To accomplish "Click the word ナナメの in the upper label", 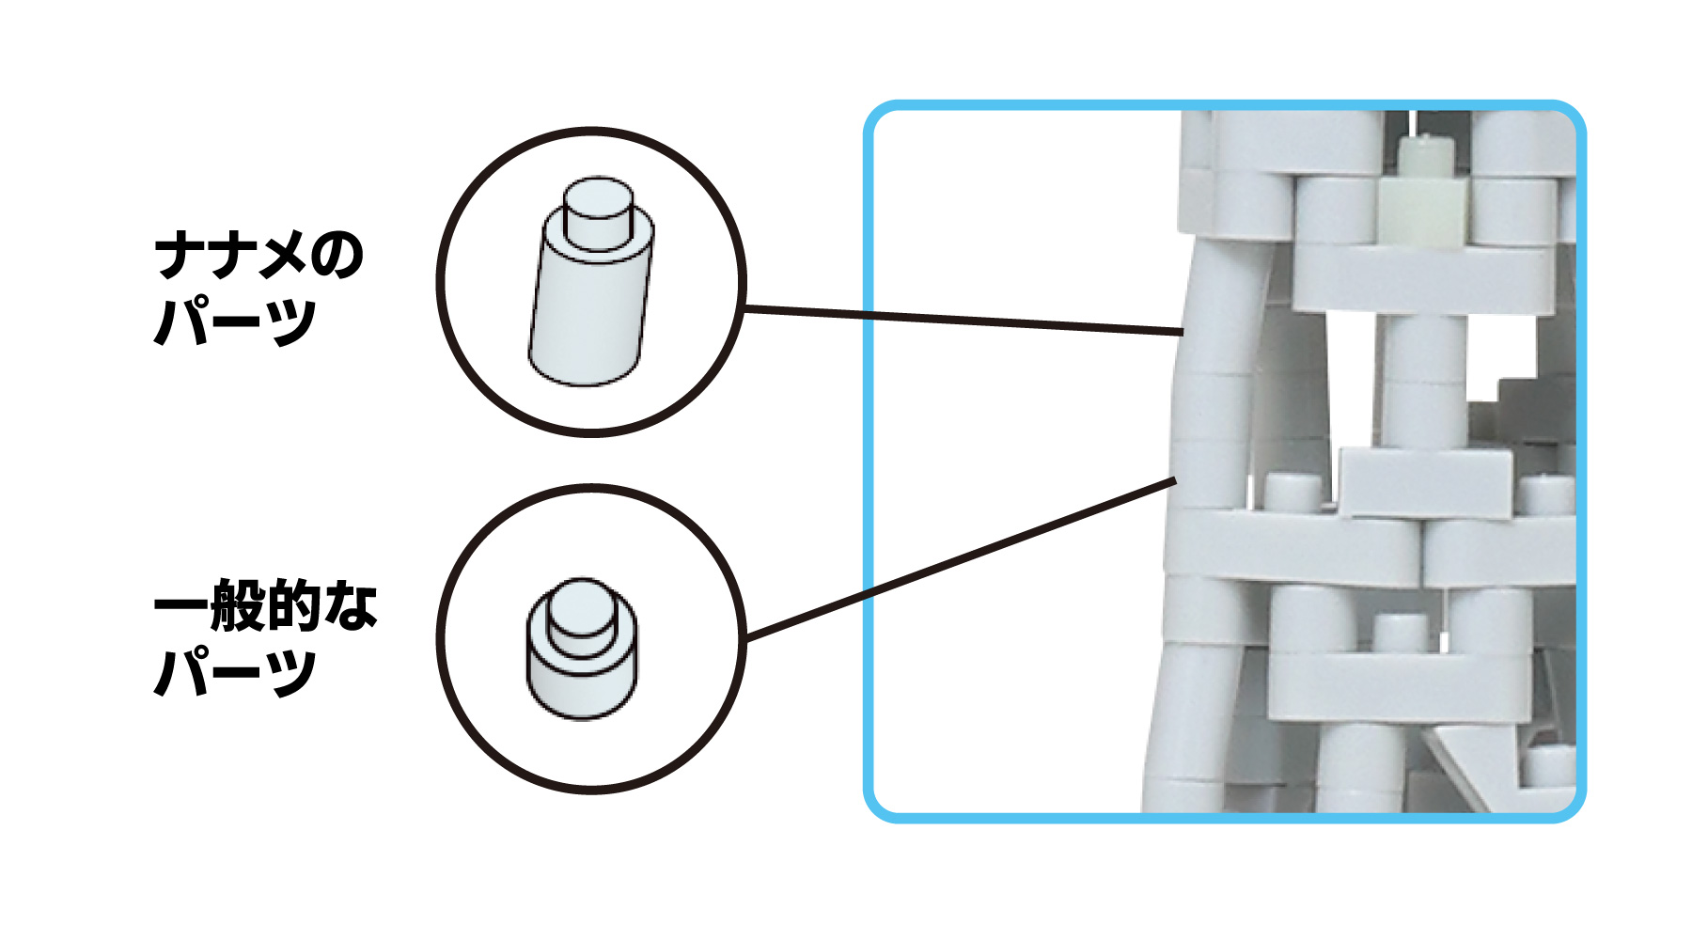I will tap(259, 256).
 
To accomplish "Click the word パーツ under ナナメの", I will tap(235, 322).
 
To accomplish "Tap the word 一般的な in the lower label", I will tap(266, 606).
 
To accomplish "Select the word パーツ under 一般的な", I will tap(235, 673).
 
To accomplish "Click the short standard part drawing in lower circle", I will tap(582, 658).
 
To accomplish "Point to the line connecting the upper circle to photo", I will tap(959, 320).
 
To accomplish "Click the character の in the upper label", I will tap(336, 256).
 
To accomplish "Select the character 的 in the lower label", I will tap(295, 606).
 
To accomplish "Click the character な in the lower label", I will tap(352, 606).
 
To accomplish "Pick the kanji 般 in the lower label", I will tap(239, 606).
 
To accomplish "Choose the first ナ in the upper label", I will tap(180, 256).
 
